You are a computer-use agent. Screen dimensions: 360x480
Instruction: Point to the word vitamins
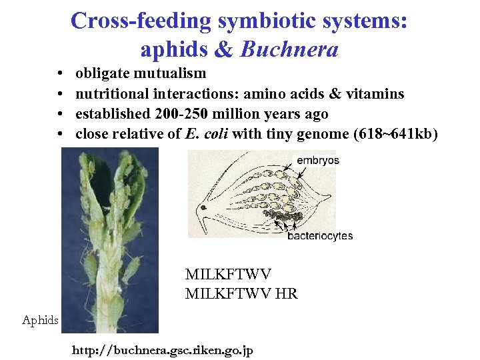374,93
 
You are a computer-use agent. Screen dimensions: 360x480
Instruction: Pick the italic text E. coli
210,134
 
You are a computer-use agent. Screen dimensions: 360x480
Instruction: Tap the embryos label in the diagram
317,160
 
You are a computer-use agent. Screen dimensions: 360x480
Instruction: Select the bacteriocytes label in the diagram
320,235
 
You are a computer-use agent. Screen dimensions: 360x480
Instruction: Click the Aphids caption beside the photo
40,321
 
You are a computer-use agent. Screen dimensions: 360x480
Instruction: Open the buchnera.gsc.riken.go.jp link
162,350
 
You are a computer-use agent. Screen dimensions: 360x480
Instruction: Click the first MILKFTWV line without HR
228,273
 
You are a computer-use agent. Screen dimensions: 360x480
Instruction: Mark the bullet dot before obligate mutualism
60,73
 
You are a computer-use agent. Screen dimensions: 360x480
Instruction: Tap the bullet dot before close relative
60,135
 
